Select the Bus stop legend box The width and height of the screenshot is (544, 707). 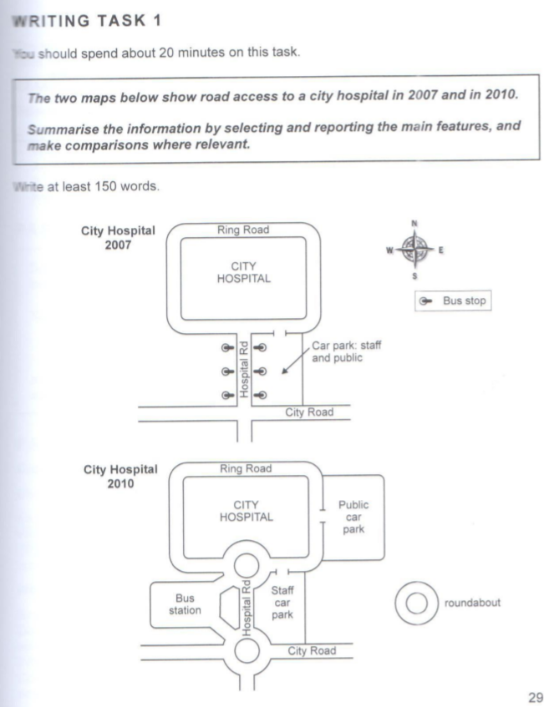(452, 300)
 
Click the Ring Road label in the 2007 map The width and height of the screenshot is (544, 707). (243, 230)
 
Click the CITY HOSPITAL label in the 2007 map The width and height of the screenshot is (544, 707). (243, 273)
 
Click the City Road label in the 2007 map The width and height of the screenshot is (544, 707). (310, 412)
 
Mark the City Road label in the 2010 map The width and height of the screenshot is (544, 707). (313, 650)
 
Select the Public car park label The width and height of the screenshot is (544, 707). (353, 518)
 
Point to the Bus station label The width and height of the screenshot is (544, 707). (185, 604)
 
